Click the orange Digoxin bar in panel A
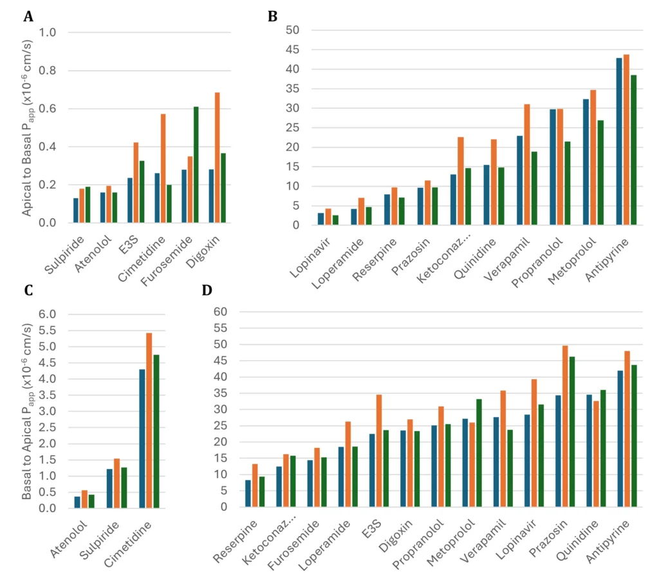218,158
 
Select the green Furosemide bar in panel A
196,165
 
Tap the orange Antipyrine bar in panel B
626,140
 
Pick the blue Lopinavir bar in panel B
320,219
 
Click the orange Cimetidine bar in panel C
149,420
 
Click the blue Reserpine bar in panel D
248,493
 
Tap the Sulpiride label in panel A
61,257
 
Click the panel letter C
28,291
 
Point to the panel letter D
207,290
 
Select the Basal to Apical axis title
28,412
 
